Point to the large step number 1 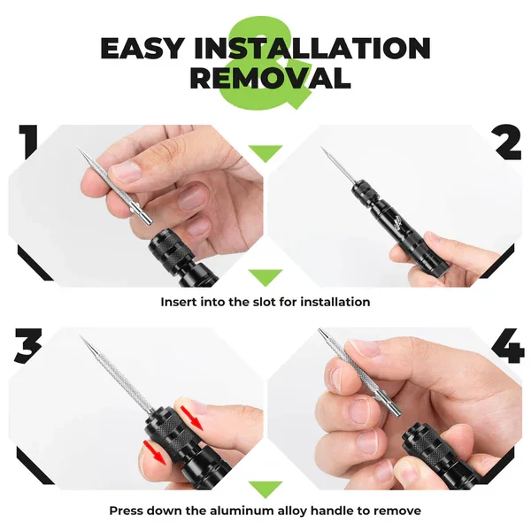point(27,144)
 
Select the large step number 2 point(508,143)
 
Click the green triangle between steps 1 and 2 point(265,154)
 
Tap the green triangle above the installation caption point(265,276)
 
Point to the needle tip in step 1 point(81,151)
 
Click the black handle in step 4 point(442,456)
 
